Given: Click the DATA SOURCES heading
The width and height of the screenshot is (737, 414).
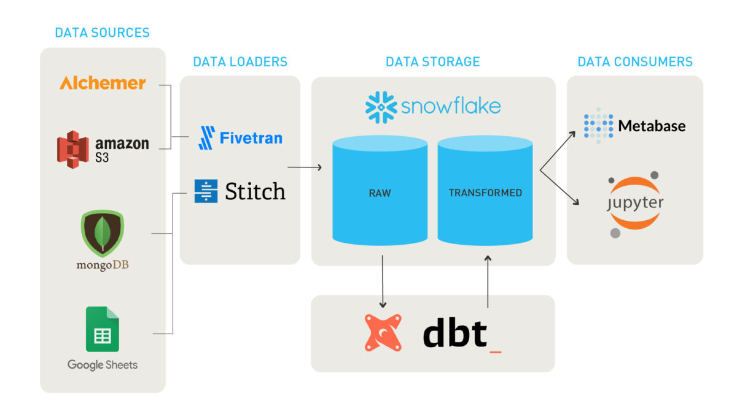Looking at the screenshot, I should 102,33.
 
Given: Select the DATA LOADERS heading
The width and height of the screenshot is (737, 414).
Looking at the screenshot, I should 240,62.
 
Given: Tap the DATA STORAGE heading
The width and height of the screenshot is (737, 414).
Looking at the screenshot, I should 432,62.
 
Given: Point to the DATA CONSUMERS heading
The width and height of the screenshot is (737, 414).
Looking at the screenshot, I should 634,62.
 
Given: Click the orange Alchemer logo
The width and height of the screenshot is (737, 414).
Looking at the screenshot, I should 103,83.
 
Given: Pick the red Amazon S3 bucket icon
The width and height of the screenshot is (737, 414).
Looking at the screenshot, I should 73,149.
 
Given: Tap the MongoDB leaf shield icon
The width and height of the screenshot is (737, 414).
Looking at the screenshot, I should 102,234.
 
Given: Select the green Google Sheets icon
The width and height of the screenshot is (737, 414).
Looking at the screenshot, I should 102,329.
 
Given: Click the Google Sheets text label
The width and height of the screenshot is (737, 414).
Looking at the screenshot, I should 102,365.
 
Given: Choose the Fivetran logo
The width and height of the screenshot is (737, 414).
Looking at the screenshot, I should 240,138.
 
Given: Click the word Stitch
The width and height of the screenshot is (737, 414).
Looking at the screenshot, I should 255,191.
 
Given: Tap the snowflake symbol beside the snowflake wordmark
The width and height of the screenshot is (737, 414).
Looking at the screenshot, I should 381,107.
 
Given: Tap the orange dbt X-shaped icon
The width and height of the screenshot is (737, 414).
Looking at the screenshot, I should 383,332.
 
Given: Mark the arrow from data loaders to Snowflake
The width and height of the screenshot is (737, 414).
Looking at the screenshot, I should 305,167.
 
